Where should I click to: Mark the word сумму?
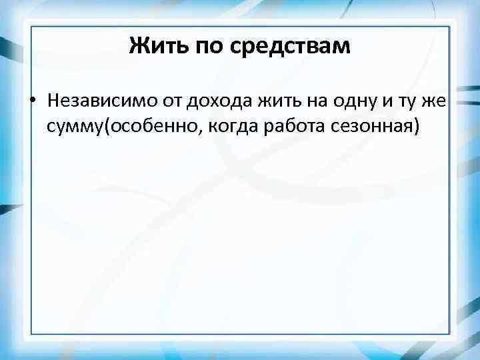(71, 125)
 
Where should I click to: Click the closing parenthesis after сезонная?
(417, 125)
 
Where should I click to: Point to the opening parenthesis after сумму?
(98, 125)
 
